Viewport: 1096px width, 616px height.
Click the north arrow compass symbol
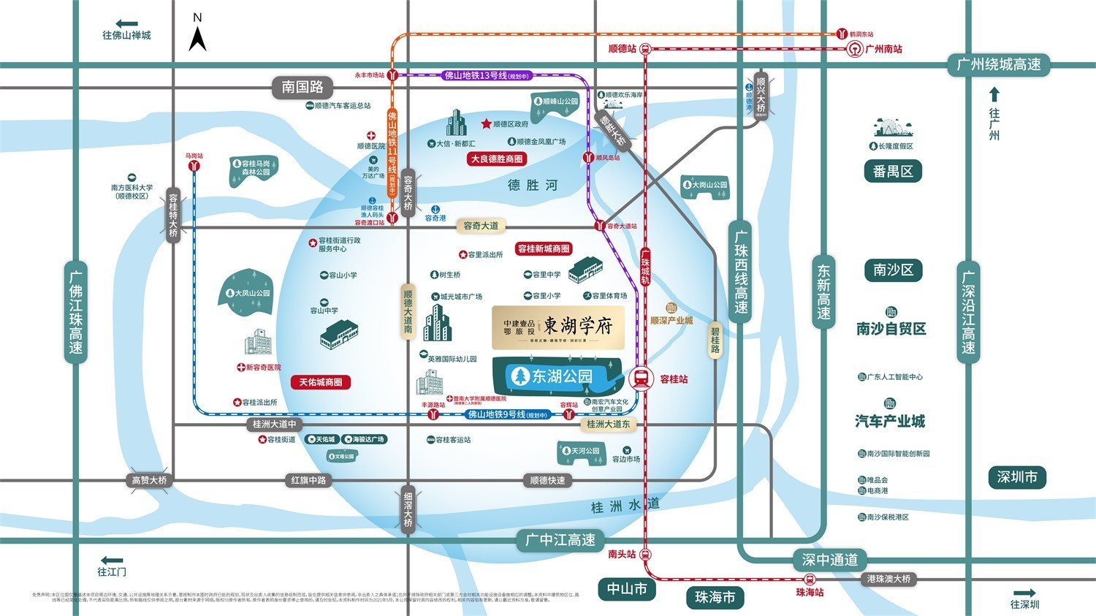pos(197,37)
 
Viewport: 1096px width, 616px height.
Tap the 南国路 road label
pos(302,87)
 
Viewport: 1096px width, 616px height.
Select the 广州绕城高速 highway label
pos(998,64)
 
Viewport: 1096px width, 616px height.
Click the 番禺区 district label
pos(892,172)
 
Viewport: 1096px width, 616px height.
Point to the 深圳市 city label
pos(1017,477)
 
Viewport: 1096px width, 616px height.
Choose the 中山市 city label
pos(627,589)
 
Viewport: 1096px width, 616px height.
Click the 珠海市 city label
pos(715,597)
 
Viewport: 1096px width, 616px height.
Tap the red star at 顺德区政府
pos(486,124)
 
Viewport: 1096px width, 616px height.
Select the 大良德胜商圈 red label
pos(497,159)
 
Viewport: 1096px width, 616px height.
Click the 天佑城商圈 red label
pos(321,382)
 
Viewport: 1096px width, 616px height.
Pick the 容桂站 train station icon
pos(641,379)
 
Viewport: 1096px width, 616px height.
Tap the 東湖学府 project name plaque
pos(558,327)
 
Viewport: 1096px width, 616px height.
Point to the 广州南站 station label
pos(883,49)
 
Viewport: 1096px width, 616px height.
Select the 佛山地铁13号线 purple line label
pos(486,75)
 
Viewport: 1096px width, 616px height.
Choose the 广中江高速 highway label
pos(560,540)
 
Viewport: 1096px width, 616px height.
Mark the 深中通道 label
pos(830,560)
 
